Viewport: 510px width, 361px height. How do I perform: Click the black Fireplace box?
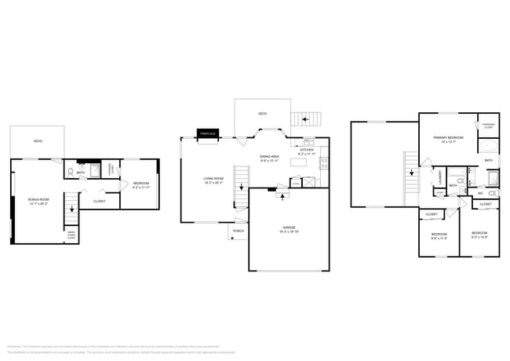click(207, 134)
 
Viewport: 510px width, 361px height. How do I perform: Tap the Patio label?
click(37, 141)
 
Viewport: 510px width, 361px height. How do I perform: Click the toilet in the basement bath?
click(71, 171)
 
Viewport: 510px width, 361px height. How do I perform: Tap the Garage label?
click(289, 229)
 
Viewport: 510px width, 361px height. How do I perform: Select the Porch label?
click(239, 231)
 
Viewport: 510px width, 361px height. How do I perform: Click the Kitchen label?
click(307, 151)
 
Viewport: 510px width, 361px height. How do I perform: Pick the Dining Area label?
click(270, 158)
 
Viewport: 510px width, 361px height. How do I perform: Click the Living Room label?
click(213, 180)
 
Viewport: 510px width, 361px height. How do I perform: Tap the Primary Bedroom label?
click(449, 138)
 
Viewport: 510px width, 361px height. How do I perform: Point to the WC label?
click(479, 192)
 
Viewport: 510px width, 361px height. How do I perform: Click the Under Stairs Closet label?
click(71, 234)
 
